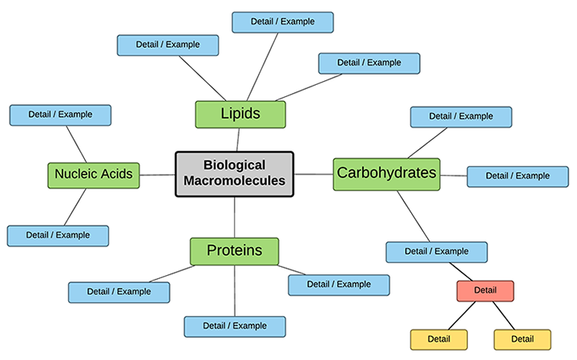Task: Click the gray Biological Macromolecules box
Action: (x=234, y=173)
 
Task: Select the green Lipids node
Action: (x=240, y=114)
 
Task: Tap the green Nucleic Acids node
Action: (x=94, y=173)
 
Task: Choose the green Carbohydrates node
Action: (x=386, y=173)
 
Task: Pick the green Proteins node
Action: (x=234, y=251)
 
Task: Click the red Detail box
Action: (x=485, y=290)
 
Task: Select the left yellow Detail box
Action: (x=439, y=339)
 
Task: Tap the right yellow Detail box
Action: (x=523, y=339)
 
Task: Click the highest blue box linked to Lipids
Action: (x=283, y=22)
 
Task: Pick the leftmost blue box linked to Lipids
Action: (x=168, y=45)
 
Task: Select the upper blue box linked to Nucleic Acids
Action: (x=60, y=115)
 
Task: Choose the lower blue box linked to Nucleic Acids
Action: (x=58, y=236)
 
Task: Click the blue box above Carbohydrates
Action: (x=461, y=116)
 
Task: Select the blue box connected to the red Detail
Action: (x=436, y=252)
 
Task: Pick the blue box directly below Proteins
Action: (x=235, y=326)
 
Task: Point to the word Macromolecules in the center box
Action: (x=234, y=181)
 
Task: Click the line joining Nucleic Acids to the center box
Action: (x=158, y=173)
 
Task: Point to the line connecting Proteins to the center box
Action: (x=234, y=216)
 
